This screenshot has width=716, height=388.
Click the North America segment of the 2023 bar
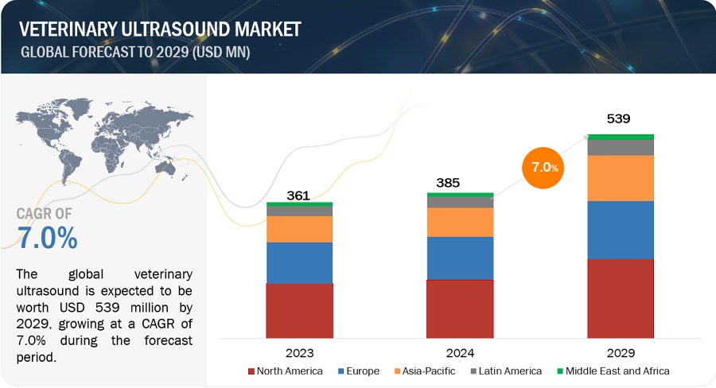(x=299, y=311)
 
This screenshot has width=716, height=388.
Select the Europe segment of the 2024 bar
(x=460, y=258)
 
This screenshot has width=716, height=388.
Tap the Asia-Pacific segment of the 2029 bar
(x=621, y=178)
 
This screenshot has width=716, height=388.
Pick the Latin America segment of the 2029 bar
(x=621, y=147)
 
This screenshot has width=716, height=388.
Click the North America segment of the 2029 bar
(x=621, y=298)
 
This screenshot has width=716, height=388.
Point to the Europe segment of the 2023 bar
(x=299, y=262)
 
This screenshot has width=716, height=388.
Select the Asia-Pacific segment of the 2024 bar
(x=460, y=222)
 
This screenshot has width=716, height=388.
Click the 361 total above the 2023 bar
(x=298, y=195)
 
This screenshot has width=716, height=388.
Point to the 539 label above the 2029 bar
(x=618, y=120)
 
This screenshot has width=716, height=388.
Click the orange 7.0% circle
(x=546, y=168)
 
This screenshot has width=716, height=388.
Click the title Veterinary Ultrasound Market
(x=160, y=29)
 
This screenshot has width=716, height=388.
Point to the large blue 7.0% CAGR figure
(x=48, y=237)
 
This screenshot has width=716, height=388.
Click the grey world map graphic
(x=95, y=139)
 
